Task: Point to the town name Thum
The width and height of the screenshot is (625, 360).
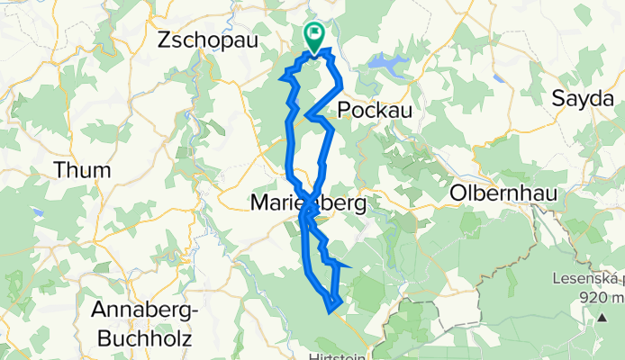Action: tap(82, 170)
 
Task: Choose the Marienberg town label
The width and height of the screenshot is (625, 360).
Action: tap(307, 205)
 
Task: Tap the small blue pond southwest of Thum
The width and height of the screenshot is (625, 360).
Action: tap(38, 213)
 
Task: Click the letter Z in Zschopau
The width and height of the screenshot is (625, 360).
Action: tap(165, 40)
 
